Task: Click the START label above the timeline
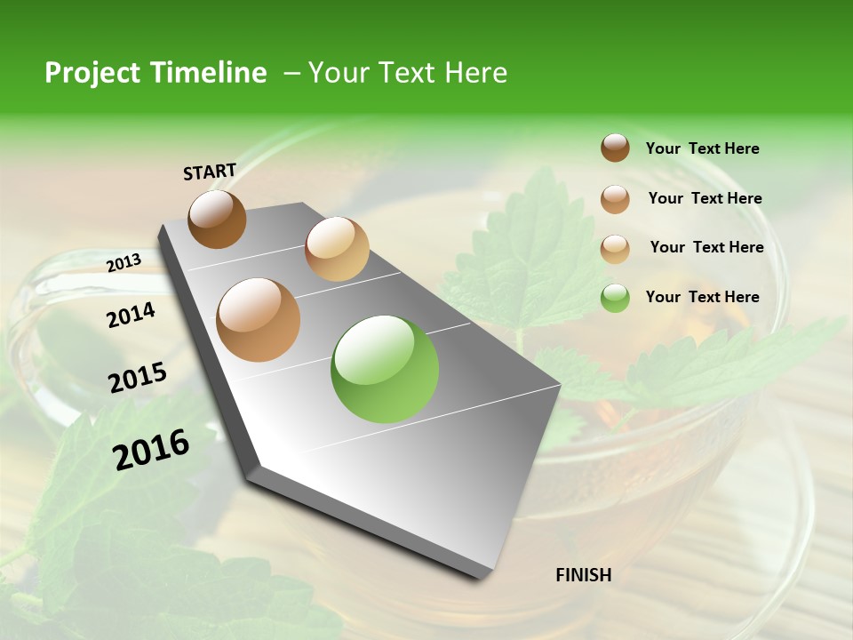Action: [210, 172]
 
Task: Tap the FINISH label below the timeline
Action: [583, 575]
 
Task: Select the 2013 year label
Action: [124, 262]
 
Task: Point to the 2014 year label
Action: [131, 315]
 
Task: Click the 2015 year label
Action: [138, 378]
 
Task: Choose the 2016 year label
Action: [151, 450]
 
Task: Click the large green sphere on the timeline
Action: [385, 369]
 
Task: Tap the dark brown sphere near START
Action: [217, 219]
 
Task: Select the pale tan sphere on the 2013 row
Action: [337, 248]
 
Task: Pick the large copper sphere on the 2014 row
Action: [259, 319]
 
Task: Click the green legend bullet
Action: [615, 298]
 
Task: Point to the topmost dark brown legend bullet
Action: [615, 148]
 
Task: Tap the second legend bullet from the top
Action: [615, 198]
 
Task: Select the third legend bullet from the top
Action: [615, 248]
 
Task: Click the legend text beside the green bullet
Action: [702, 297]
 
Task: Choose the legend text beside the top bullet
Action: [702, 148]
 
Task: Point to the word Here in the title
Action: [474, 73]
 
